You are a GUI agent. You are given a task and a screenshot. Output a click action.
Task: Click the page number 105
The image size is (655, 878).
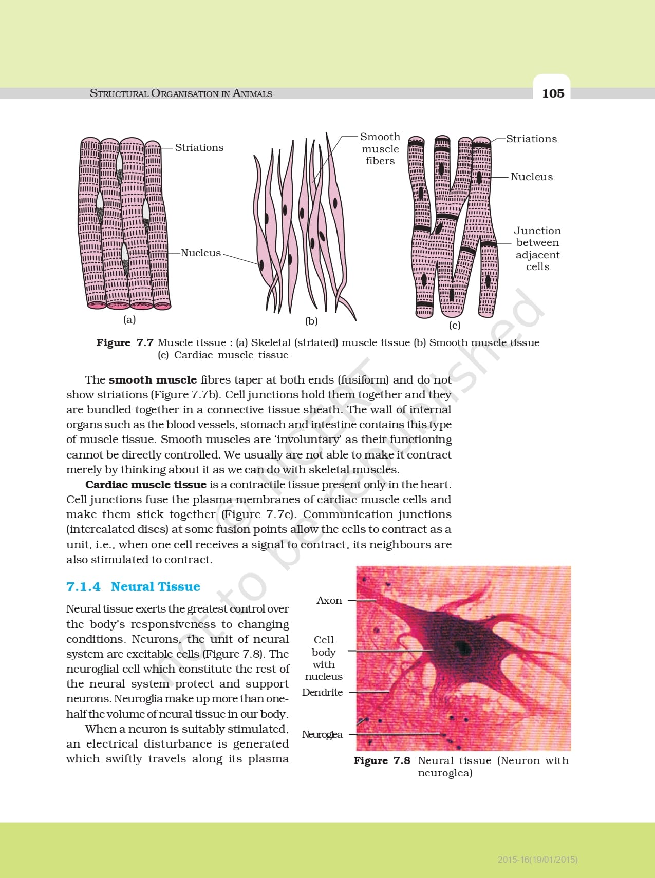point(553,93)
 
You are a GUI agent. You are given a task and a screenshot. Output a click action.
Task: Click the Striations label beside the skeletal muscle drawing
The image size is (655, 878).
point(199,148)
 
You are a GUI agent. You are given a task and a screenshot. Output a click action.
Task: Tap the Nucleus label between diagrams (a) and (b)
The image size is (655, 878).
point(200,253)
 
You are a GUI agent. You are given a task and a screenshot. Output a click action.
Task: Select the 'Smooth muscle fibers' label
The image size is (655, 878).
point(380,149)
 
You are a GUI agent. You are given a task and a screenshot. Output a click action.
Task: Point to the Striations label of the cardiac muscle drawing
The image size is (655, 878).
point(531,139)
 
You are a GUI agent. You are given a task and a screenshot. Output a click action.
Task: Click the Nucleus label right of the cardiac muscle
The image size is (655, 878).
point(532,177)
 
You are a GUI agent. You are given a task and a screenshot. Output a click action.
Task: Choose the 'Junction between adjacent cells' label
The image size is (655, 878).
point(537,249)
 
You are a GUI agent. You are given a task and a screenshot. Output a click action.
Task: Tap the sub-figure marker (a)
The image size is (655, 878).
point(129,319)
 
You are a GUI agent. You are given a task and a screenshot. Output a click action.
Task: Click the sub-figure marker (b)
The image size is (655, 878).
point(311,321)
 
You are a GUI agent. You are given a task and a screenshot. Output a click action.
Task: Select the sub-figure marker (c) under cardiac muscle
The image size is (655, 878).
point(454,325)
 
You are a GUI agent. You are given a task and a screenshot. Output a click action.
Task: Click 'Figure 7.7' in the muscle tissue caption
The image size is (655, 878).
point(125,342)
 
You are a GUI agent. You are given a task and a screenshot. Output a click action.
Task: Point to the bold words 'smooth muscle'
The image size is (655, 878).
point(153,380)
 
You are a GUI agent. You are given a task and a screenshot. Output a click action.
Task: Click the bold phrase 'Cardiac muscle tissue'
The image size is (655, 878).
point(146,485)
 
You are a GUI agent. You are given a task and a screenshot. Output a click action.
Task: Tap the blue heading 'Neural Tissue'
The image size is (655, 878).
point(155,587)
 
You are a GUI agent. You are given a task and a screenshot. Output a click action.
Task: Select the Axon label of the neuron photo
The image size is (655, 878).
point(329,601)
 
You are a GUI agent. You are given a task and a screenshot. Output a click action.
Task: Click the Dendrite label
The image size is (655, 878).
point(322,693)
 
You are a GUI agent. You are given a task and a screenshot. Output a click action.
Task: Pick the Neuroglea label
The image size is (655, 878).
point(322,735)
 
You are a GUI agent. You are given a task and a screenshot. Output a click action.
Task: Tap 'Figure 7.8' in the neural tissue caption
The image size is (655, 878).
point(382,761)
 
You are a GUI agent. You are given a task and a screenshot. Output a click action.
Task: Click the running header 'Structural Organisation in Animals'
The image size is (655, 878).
point(181,93)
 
